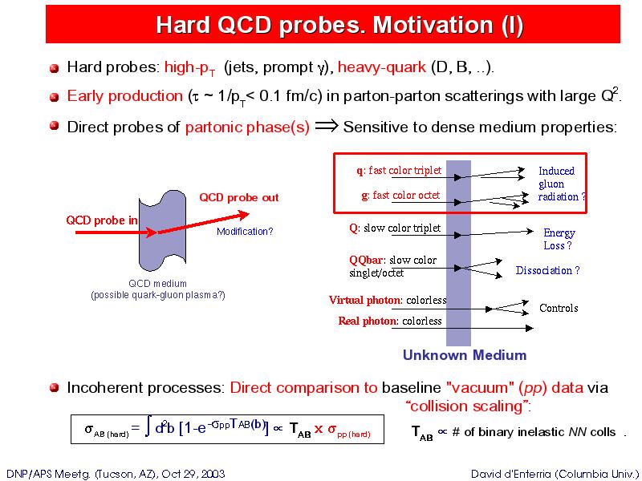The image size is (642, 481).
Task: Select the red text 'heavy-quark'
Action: coord(382,67)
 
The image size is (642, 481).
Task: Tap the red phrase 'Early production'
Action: coord(125,96)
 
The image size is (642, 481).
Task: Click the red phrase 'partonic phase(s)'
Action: coord(247,127)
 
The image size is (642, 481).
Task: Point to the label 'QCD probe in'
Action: coord(102,220)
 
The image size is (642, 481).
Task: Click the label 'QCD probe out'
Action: coord(239,197)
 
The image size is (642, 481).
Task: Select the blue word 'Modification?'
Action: coord(245,232)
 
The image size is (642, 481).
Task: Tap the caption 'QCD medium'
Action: coord(157,284)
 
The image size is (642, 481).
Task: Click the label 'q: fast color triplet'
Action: coord(399,170)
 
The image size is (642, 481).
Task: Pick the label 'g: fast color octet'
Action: coord(400,195)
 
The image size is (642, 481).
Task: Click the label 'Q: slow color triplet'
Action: coord(395,228)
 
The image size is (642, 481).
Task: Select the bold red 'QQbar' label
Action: coord(367,260)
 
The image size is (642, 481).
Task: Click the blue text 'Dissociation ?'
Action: coord(548,270)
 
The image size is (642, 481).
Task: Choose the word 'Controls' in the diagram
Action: coord(559,308)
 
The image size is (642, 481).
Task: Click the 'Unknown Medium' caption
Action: coord(465,354)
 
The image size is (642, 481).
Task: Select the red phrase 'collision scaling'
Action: coord(467,406)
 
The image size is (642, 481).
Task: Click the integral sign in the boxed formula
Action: coord(148,428)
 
